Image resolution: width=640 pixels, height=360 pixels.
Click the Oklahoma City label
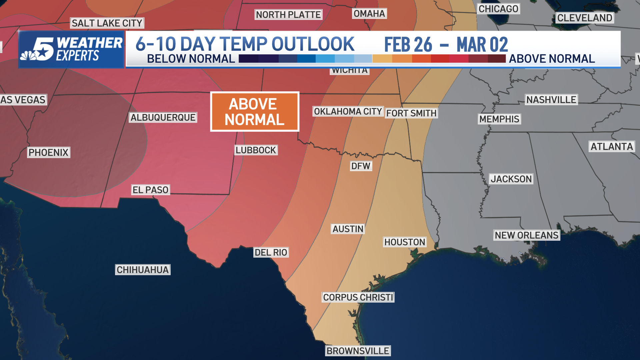348,111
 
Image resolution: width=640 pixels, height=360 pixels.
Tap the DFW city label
361,166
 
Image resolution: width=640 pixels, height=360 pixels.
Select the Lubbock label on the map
256,150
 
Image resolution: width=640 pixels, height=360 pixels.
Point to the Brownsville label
358,351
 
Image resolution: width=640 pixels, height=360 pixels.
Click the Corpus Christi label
358,297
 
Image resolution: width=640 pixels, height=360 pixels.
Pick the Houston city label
405,242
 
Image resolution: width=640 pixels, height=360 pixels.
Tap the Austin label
348,229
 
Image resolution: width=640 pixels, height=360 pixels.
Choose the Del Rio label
271,252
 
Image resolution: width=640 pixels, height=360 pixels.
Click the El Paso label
150,190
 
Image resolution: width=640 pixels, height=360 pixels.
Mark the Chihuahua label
143,270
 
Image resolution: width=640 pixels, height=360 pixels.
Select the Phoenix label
48,152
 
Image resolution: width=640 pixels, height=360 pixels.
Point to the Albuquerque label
163,117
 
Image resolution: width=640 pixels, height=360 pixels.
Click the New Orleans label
526,235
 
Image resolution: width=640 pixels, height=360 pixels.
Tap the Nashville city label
551,100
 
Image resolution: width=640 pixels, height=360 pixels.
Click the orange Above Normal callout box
255,112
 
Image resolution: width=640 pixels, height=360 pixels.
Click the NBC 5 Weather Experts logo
71,49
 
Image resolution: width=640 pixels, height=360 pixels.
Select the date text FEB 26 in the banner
408,45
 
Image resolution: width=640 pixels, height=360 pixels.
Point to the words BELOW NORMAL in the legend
191,59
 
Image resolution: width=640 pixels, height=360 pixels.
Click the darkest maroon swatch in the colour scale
497,59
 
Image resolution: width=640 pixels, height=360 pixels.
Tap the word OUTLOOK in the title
313,44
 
